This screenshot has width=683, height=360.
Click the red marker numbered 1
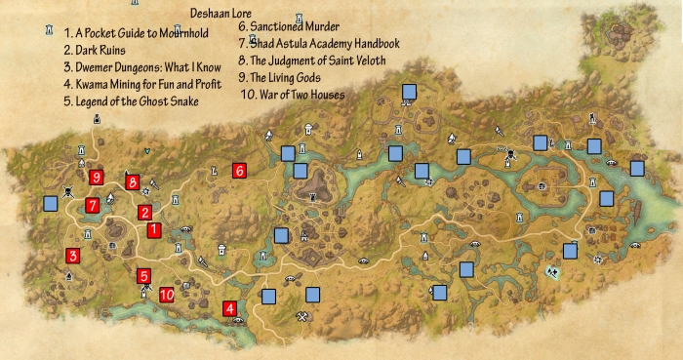click(153, 230)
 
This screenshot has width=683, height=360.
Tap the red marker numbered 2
click(144, 212)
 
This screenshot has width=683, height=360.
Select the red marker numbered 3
click(72, 257)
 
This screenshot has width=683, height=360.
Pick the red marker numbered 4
click(230, 309)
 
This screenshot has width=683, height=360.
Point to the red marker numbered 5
click(143, 276)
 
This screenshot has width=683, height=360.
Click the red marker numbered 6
click(239, 170)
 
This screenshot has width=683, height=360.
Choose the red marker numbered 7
click(92, 205)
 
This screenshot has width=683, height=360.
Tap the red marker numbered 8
click(133, 181)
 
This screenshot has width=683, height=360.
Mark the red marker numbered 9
click(96, 177)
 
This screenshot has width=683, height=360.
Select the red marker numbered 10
click(167, 294)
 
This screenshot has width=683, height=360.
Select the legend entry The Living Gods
click(285, 77)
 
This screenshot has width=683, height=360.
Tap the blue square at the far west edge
click(51, 204)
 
